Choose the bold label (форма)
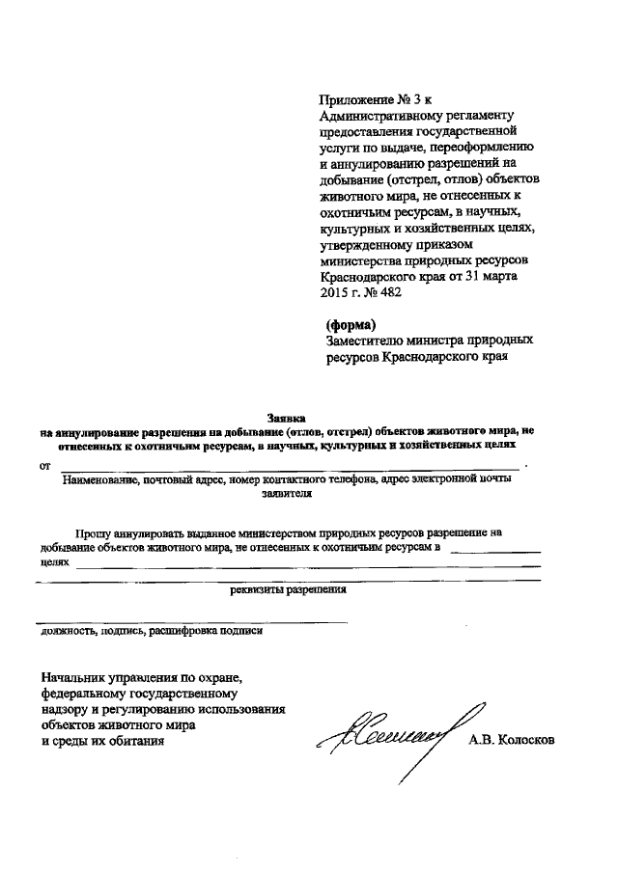(x=350, y=323)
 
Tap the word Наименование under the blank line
(x=101, y=478)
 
